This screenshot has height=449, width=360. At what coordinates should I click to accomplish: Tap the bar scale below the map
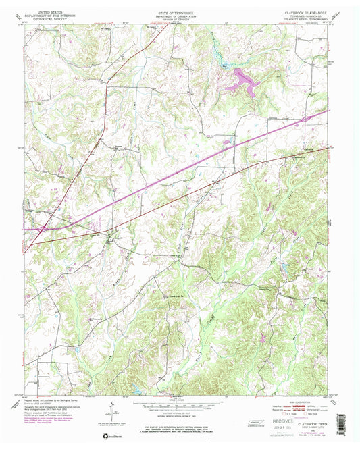[x=180, y=407]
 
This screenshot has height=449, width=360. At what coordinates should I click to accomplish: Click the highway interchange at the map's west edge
[x=42, y=228]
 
